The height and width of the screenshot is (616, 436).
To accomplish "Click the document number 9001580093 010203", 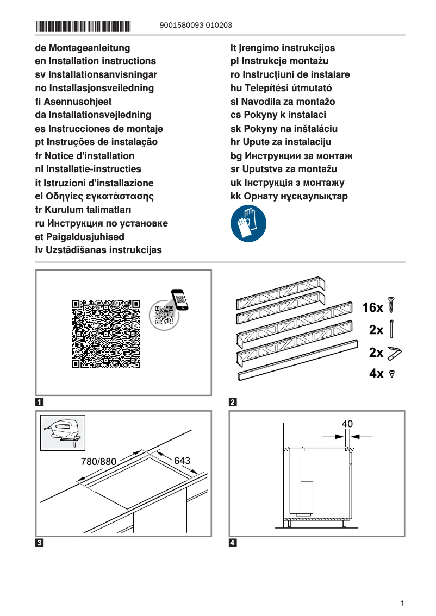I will pyautogui.click(x=196, y=26).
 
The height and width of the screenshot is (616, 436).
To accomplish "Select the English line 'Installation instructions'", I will pyautogui.click(x=95, y=61).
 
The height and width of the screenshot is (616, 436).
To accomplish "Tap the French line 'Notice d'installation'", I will pyautogui.click(x=84, y=155).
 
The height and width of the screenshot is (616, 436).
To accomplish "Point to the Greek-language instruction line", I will pyautogui.click(x=94, y=196).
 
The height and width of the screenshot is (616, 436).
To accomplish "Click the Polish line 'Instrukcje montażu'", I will pyautogui.click(x=279, y=61).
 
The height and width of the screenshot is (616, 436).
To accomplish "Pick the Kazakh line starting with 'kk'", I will pyautogui.click(x=289, y=196).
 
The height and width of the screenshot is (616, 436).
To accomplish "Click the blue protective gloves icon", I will pyautogui.click(x=249, y=224).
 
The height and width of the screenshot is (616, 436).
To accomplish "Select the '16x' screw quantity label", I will pyautogui.click(x=372, y=308).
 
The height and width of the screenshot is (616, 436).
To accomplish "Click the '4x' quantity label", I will pyautogui.click(x=376, y=374).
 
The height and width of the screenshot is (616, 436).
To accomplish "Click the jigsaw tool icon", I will pyautogui.click(x=63, y=433).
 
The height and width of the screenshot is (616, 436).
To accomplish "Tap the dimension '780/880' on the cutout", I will pyautogui.click(x=98, y=462).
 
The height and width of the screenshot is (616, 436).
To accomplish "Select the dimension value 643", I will pyautogui.click(x=182, y=461).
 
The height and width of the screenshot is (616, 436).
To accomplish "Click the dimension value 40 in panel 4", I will pyautogui.click(x=347, y=424).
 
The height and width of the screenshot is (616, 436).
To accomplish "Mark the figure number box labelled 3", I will pyautogui.click(x=40, y=542).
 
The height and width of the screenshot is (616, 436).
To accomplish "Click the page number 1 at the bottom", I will pyautogui.click(x=401, y=603).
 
